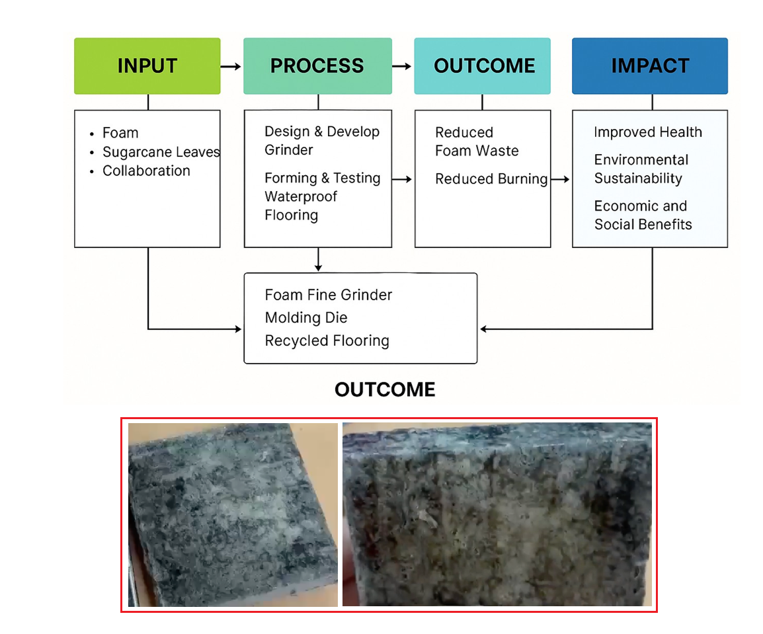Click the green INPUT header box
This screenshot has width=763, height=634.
tap(147, 65)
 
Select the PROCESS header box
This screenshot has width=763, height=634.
tap(317, 65)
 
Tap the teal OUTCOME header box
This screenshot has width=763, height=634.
tap(482, 65)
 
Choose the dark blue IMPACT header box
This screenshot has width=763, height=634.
tap(650, 65)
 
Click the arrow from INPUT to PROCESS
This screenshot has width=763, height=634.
tap(231, 66)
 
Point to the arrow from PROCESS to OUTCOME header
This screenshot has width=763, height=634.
tap(402, 66)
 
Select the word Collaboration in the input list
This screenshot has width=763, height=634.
tap(146, 171)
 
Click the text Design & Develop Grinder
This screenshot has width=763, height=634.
tap(321, 141)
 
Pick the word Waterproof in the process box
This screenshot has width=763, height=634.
tap(301, 196)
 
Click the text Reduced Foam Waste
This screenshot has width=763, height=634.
tap(477, 141)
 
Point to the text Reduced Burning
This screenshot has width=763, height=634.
tap(491, 179)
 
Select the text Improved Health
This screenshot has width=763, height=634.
tap(648, 132)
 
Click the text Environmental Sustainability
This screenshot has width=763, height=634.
tap(641, 169)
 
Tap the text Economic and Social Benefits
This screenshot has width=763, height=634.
tap(643, 215)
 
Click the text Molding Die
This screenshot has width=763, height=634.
tap(306, 318)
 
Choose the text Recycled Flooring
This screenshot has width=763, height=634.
tap(327, 340)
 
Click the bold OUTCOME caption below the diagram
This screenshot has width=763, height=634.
tap(385, 390)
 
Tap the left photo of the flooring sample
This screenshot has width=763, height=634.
tap(233, 515)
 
